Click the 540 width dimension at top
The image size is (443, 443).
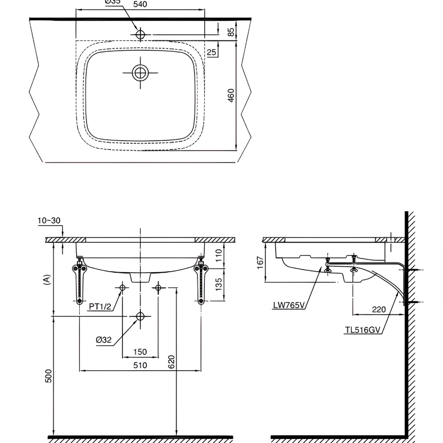[x=140, y=4]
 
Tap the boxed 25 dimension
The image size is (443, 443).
[x=212, y=52]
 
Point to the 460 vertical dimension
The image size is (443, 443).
[x=231, y=95]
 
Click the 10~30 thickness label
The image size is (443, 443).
[x=49, y=220]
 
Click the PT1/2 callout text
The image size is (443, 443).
[x=101, y=307]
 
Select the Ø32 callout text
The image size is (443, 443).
[x=105, y=340]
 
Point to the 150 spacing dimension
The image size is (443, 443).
[x=140, y=352]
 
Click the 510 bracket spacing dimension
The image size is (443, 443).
[x=140, y=365]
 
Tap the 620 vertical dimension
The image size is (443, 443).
[x=171, y=362]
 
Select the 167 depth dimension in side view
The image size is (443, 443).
[x=260, y=261]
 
